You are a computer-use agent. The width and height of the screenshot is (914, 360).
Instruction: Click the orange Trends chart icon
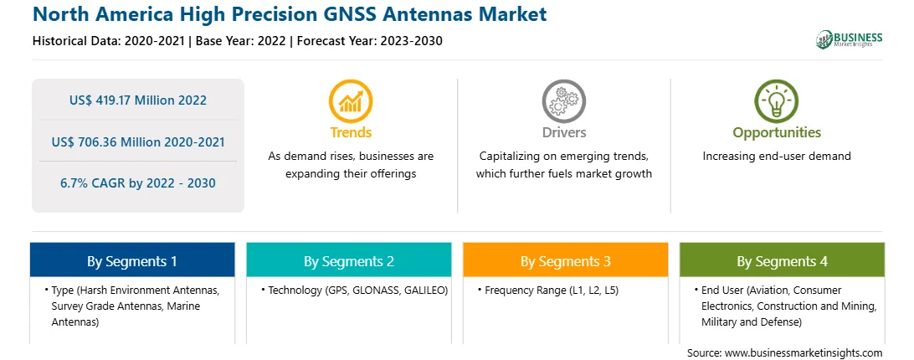pyautogui.click(x=351, y=101)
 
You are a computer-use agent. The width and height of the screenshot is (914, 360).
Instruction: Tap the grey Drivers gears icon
pyautogui.click(x=563, y=101)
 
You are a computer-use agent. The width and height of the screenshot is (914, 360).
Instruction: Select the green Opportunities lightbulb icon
pyautogui.click(x=777, y=101)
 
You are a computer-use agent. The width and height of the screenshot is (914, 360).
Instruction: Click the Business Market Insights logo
pyautogui.click(x=850, y=39)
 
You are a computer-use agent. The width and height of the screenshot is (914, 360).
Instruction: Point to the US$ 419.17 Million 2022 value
pyautogui.click(x=137, y=100)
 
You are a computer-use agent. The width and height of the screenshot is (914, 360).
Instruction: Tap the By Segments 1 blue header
pyautogui.click(x=132, y=260)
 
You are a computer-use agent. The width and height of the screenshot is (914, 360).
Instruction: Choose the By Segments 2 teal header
pyautogui.click(x=348, y=260)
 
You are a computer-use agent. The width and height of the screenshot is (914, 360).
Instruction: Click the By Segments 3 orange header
pyautogui.click(x=566, y=260)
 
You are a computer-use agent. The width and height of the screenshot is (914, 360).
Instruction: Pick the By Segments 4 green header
pyautogui.click(x=783, y=260)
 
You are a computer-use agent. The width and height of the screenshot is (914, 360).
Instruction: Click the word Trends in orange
pyautogui.click(x=351, y=132)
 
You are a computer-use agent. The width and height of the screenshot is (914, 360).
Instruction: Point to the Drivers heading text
pyautogui.click(x=564, y=132)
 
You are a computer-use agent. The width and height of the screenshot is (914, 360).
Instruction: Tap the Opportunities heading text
pyautogui.click(x=777, y=133)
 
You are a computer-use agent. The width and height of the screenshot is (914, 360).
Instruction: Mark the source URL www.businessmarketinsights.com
pyautogui.click(x=804, y=353)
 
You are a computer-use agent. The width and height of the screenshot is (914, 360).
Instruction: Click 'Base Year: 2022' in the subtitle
pyautogui.click(x=241, y=41)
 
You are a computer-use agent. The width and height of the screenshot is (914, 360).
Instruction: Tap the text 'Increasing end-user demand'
pyautogui.click(x=777, y=157)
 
